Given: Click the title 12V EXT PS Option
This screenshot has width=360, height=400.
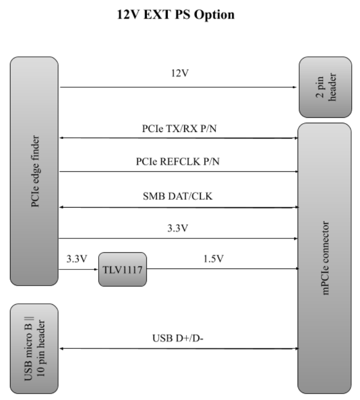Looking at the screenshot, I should (180, 15).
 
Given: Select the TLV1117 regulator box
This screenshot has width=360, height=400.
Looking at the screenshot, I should (122, 269).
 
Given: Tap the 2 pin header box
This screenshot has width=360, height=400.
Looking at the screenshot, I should (325, 87).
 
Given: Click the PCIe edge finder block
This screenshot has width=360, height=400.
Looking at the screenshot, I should (34, 170).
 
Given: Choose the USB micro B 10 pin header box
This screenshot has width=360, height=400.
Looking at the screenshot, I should (34, 348).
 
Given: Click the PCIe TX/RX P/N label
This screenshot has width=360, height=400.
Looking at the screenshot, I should (179, 130).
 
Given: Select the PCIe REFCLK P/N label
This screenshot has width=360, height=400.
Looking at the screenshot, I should (179, 163).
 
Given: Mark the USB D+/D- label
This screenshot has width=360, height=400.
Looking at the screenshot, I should (179, 339).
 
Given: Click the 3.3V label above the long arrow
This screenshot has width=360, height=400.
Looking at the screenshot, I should (179, 229).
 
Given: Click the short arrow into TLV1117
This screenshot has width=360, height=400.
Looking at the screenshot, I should (79, 269).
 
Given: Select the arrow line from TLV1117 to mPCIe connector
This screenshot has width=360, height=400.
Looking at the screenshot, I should (221, 269).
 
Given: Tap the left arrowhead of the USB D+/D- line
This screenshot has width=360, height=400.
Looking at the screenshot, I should (61, 348).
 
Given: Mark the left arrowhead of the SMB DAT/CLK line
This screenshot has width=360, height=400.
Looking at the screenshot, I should (61, 207).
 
